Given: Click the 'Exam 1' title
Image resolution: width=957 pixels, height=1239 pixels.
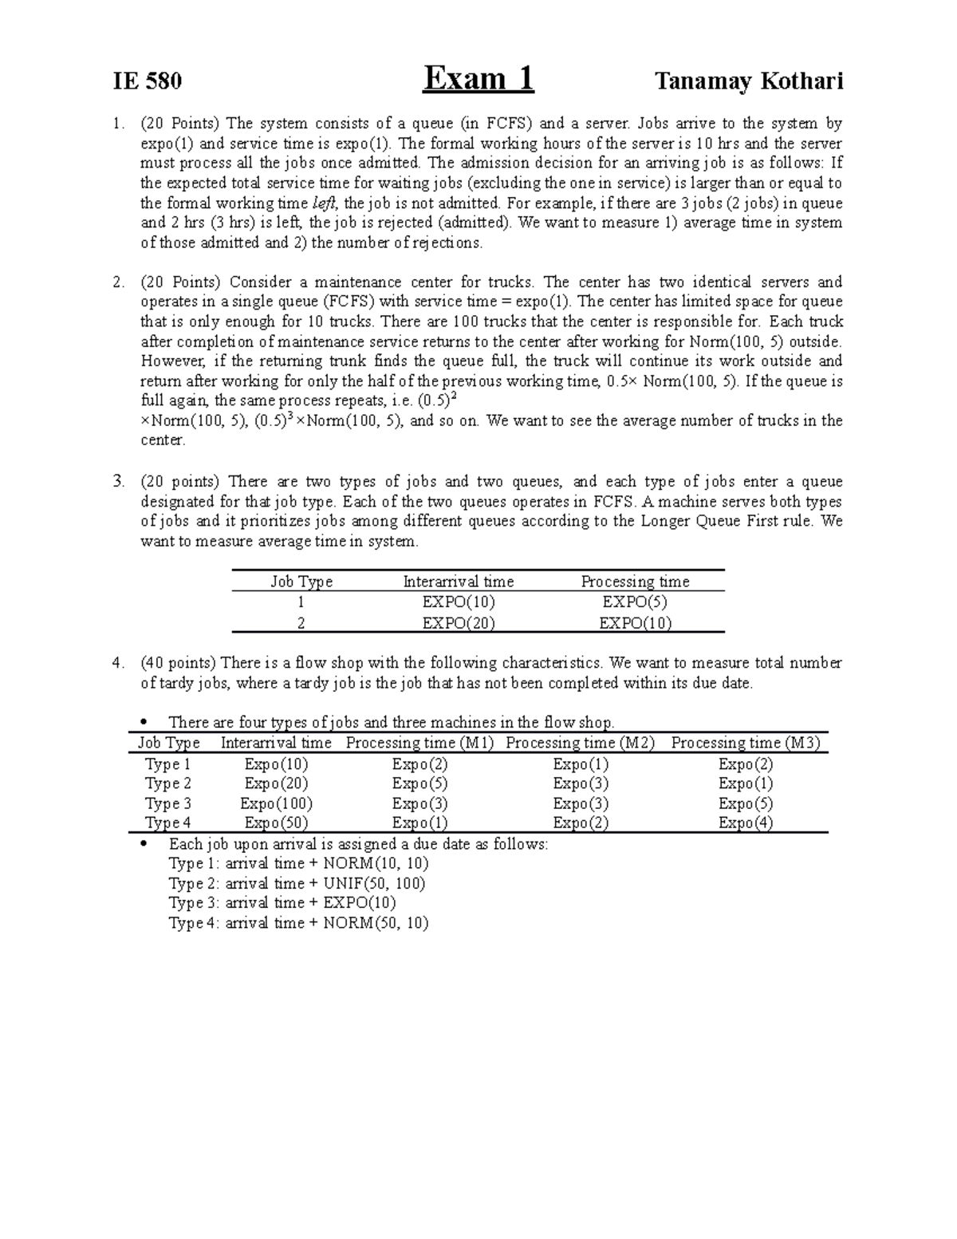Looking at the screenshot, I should click(x=478, y=79).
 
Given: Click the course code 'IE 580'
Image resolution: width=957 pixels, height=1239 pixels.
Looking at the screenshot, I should click(x=148, y=81).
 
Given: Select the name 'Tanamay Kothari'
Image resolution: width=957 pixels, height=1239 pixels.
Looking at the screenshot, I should click(x=748, y=81).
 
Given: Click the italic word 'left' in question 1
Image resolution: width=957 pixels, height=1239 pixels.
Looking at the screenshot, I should click(x=322, y=203).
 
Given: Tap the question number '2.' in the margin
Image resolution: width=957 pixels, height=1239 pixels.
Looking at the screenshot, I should click(x=119, y=282).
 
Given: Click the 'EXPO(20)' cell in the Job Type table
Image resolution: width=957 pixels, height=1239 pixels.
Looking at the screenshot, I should click(x=459, y=623).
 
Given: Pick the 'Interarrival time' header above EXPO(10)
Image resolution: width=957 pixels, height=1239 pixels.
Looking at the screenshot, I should click(x=459, y=582).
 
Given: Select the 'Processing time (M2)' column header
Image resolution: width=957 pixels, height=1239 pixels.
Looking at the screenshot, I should click(x=580, y=743).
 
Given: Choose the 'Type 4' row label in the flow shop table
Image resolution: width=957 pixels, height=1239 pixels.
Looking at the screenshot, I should click(x=167, y=823).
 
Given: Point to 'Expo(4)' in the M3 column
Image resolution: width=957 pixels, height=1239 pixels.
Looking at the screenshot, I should click(x=745, y=823).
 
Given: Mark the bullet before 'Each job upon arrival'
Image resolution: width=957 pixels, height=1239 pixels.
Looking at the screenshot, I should click(x=144, y=844).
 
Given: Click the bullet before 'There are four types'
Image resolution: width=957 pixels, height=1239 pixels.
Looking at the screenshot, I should click(x=144, y=723).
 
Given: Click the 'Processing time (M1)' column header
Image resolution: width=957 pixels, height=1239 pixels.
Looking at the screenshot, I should click(x=419, y=743).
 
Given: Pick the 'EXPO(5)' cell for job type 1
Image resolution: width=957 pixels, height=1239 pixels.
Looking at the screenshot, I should click(x=635, y=602).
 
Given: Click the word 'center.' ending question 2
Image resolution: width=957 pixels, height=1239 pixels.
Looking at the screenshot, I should click(x=162, y=440).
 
